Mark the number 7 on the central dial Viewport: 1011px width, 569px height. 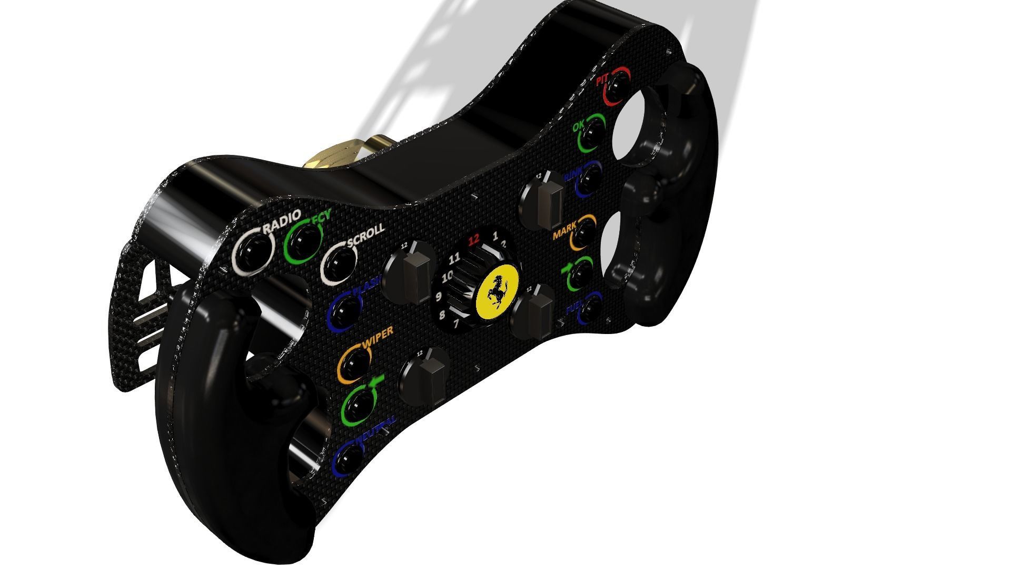pyautogui.click(x=456, y=323)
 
